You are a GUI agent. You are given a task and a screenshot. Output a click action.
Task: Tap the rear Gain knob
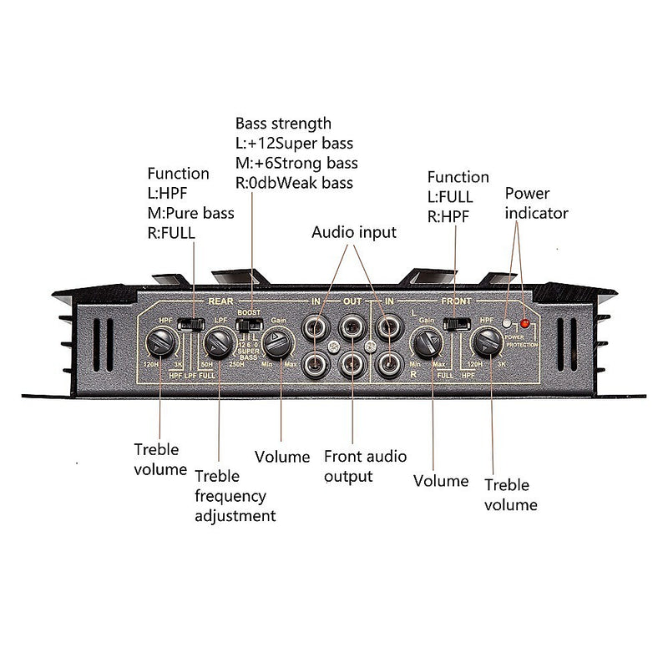click(x=278, y=342)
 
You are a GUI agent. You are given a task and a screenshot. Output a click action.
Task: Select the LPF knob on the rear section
click(x=220, y=341)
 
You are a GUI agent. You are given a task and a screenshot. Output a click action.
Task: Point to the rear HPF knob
click(x=161, y=341)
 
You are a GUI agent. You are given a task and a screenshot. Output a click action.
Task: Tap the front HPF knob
click(x=486, y=342)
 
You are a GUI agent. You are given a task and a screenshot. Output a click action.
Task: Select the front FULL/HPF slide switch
click(x=455, y=324)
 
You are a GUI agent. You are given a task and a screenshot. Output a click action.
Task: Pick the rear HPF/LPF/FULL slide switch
click(x=193, y=323)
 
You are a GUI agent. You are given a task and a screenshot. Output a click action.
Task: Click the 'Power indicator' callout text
click(x=536, y=203)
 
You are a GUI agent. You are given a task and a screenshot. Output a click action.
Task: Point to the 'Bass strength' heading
click(x=283, y=124)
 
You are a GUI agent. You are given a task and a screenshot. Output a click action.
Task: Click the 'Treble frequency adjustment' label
click(x=235, y=495)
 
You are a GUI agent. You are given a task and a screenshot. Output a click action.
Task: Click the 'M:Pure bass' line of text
click(x=190, y=212)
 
